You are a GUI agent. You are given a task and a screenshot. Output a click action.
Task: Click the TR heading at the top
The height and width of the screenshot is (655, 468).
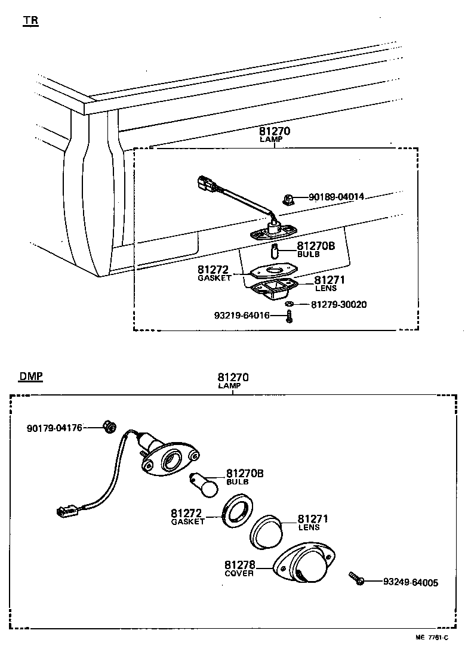pyautogui.click(x=30, y=20)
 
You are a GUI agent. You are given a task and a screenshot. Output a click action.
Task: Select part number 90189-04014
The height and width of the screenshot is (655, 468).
pyautogui.click(x=336, y=197)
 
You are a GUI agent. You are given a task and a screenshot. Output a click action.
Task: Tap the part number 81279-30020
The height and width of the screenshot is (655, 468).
pyautogui.click(x=338, y=304)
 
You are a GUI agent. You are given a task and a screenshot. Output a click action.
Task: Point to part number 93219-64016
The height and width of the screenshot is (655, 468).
pyautogui.click(x=242, y=316)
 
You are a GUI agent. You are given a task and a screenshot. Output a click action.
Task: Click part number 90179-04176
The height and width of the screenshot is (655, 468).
pyautogui.click(x=54, y=428)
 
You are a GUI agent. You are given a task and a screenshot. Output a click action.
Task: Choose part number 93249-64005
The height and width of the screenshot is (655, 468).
pyautogui.click(x=411, y=582)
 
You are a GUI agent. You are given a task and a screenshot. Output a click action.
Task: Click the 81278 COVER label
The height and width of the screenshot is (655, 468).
pyautogui.click(x=239, y=569)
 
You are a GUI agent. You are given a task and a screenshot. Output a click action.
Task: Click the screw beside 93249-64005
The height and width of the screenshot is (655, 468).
pyautogui.click(x=356, y=579)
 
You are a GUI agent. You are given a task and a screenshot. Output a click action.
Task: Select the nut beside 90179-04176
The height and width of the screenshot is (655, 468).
pyautogui.click(x=109, y=427)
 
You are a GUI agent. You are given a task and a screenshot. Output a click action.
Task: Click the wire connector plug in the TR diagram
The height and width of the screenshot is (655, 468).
pyautogui.click(x=205, y=184)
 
